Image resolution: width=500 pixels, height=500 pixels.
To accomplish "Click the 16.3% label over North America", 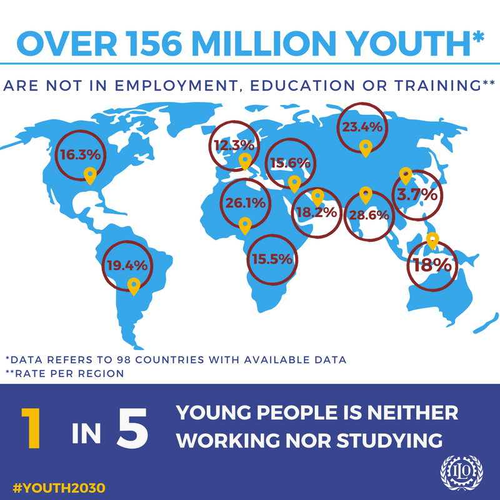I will tap(80, 152).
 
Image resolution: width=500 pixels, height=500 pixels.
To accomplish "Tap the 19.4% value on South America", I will tap(126, 266).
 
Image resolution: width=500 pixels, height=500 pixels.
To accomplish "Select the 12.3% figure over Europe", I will tap(234, 145).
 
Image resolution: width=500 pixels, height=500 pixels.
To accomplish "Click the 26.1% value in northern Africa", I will tap(246, 202).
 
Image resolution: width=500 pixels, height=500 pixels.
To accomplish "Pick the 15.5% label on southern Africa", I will tap(272, 259).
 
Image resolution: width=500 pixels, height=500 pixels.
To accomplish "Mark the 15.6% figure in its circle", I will tap(291, 162).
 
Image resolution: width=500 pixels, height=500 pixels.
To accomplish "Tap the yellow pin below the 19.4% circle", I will tap(132, 286).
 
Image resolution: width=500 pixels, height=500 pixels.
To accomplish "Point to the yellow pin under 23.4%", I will tap(366, 148).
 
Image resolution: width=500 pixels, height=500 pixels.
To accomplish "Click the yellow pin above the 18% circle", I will tap(431, 239).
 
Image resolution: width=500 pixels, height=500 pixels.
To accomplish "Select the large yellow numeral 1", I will tap(31, 427).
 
